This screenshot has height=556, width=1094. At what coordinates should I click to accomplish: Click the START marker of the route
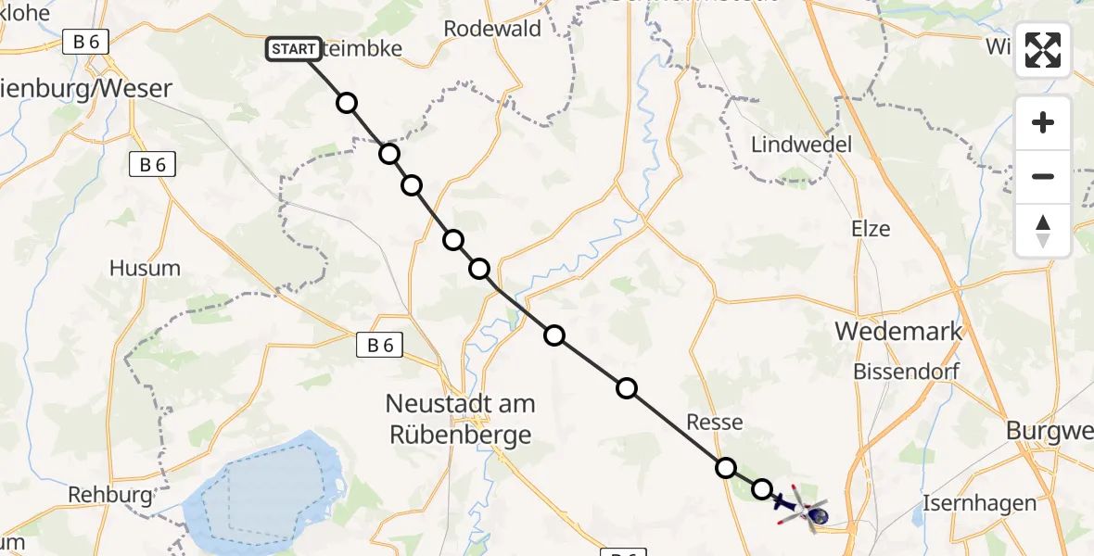(x=294, y=49)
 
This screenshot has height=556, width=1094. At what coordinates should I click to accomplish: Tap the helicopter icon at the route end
(x=803, y=510)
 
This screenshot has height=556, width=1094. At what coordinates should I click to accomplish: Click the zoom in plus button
(x=1043, y=122)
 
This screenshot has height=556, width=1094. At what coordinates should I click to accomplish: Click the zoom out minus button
(x=1043, y=176)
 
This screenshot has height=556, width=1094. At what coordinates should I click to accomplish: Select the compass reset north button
(x=1043, y=231)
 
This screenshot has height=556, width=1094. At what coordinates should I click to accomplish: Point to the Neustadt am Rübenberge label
(x=460, y=419)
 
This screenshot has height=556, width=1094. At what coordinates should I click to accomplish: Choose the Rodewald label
(x=492, y=29)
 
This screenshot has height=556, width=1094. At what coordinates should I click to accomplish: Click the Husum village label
(x=145, y=268)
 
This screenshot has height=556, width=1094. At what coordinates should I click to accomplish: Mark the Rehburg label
(x=110, y=495)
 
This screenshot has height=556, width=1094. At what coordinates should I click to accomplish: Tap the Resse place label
(x=715, y=423)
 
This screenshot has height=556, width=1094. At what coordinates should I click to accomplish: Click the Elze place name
(x=871, y=229)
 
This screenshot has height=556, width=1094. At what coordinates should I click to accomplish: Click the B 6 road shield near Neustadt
(x=379, y=346)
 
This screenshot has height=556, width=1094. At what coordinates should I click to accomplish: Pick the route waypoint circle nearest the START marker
(x=347, y=103)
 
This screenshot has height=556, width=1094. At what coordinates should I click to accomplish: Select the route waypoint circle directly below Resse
(x=726, y=468)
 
